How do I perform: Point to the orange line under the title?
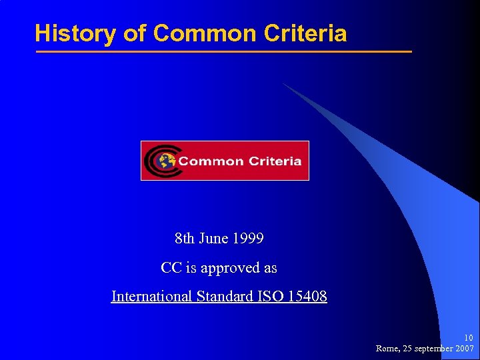coord(223,51)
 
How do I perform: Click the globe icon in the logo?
coord(166,161)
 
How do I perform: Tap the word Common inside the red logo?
coord(210,161)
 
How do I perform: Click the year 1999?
coord(249,238)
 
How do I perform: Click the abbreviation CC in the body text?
coord(170,268)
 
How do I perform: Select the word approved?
coord(231,269)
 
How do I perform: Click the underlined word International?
coord(152,297)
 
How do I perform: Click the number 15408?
coord(307,297)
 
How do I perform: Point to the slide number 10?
coord(469,338)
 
